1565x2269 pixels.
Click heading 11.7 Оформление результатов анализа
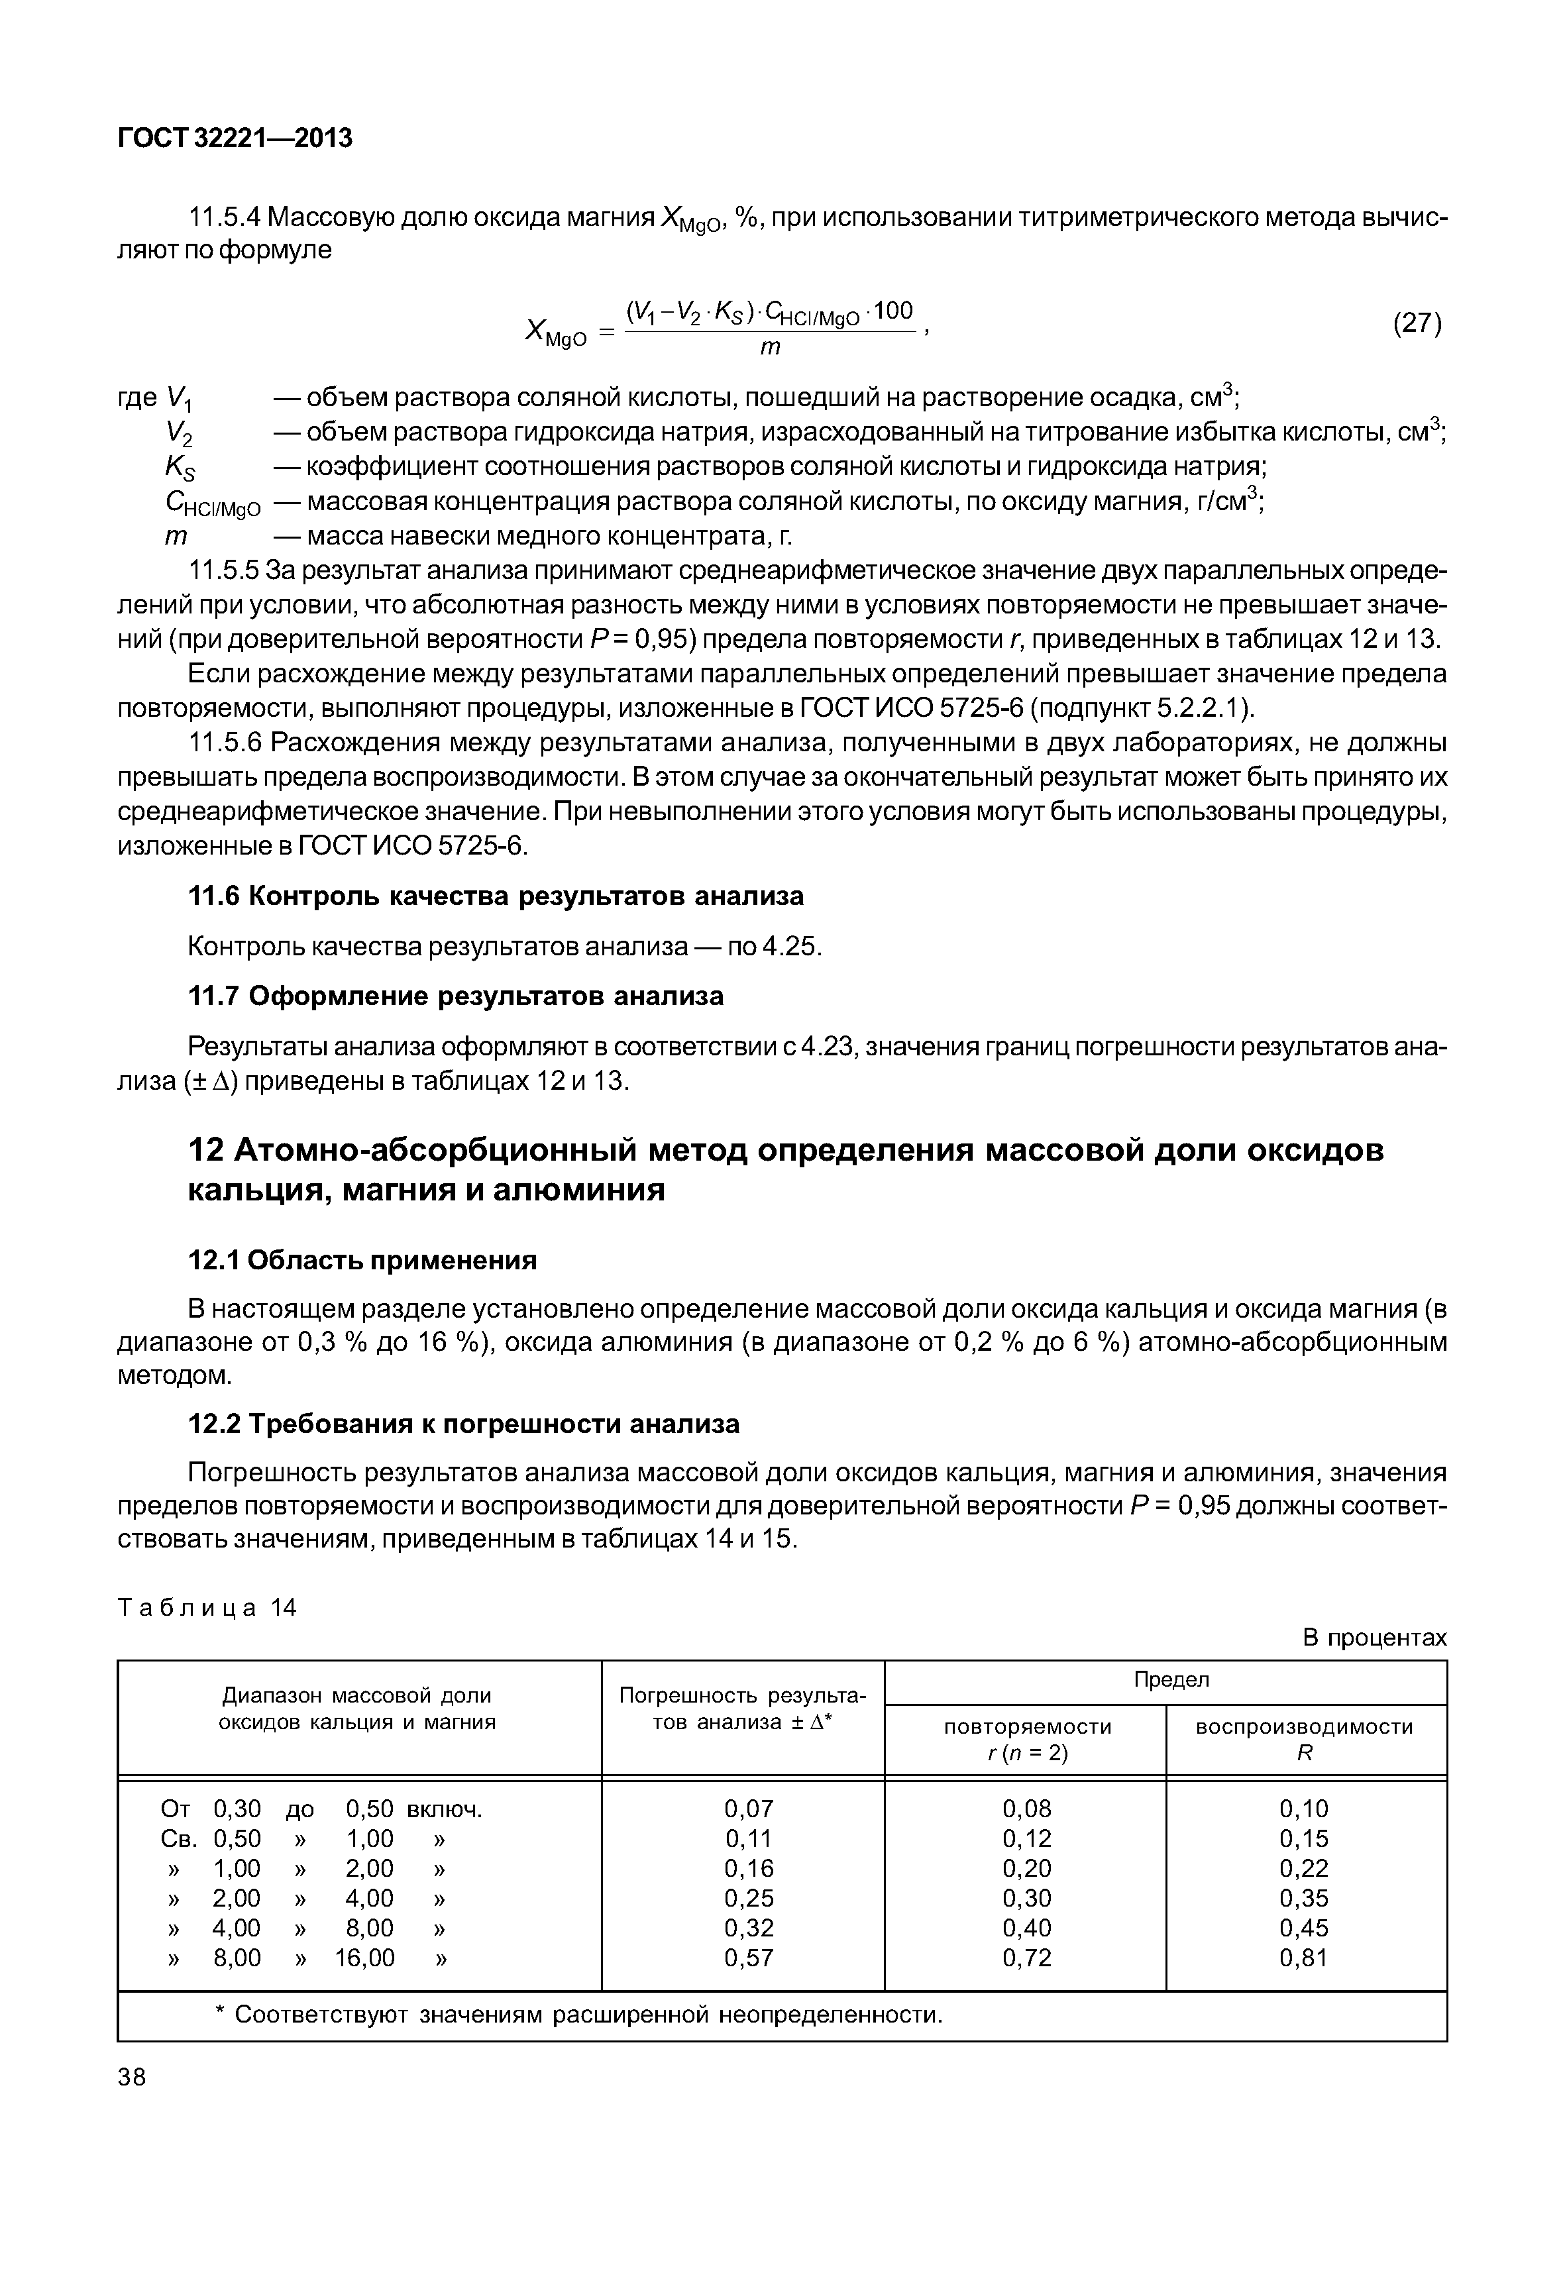[x=455, y=996]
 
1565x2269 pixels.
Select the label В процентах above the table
[x=1374, y=1638]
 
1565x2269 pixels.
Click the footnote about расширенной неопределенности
[x=578, y=2015]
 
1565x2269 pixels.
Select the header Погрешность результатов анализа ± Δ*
[x=742, y=1709]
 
